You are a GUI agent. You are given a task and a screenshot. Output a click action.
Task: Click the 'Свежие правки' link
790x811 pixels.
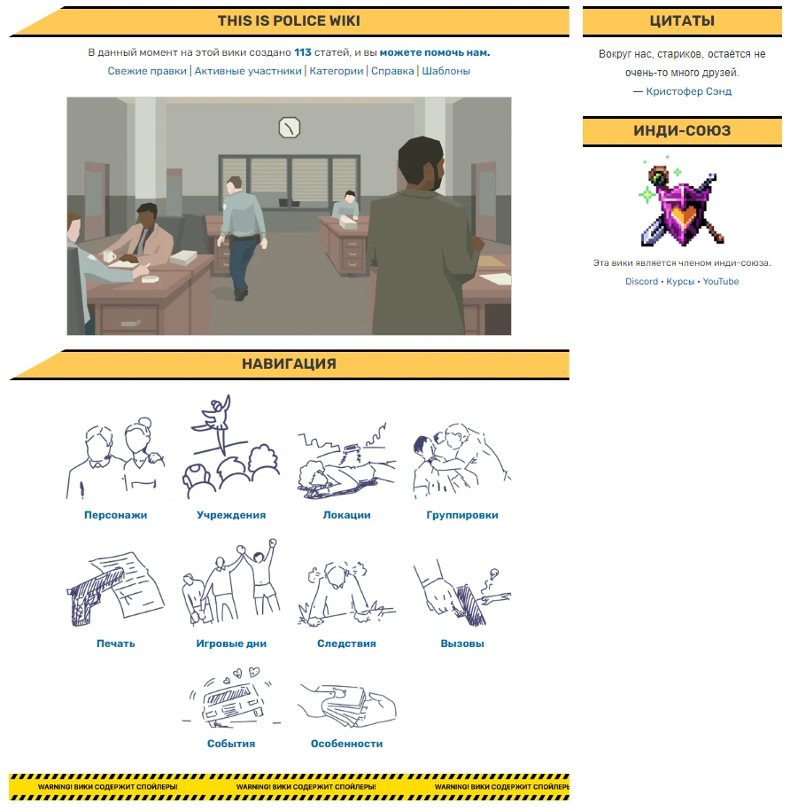click(147, 71)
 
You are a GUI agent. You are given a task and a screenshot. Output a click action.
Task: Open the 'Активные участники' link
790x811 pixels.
click(248, 71)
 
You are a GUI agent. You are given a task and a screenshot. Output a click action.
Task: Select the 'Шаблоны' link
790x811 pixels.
click(445, 71)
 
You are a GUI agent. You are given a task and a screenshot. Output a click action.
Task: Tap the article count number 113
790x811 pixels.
click(303, 52)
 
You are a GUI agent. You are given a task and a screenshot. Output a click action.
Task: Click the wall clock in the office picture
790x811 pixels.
click(290, 128)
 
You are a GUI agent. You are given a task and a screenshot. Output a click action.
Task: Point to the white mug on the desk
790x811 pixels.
click(109, 255)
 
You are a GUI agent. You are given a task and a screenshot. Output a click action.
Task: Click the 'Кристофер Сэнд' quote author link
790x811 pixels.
click(689, 91)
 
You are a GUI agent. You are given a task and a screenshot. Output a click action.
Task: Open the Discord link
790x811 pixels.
click(641, 281)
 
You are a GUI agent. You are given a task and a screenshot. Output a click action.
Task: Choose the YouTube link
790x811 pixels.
click(721, 281)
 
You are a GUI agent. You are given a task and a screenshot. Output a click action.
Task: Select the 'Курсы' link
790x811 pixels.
click(680, 281)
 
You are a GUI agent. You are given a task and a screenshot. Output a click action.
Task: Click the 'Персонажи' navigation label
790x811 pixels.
click(116, 515)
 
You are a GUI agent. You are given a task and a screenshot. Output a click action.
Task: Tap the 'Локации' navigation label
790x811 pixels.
click(346, 515)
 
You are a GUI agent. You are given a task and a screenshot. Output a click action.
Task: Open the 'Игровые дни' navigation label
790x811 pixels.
click(231, 643)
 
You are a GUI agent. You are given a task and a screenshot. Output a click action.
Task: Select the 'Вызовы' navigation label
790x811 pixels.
click(462, 643)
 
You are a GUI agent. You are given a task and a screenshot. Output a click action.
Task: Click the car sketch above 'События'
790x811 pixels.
click(231, 698)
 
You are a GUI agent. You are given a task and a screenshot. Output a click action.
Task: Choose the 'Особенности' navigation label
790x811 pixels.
click(346, 744)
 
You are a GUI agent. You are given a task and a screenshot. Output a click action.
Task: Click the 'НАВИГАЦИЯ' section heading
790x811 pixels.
click(289, 364)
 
